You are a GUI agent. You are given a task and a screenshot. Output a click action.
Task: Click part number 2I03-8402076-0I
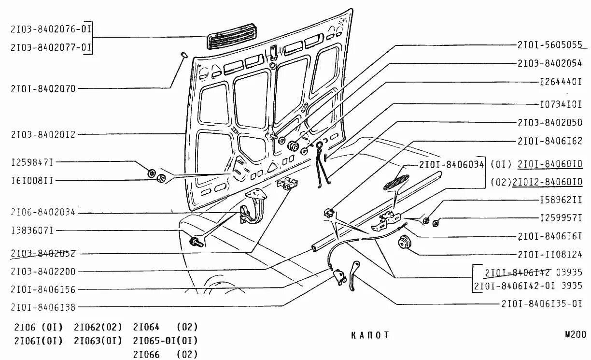tap(51, 29)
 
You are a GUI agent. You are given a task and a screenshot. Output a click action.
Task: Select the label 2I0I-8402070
tap(43, 88)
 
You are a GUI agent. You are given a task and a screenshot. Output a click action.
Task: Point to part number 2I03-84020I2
tap(43, 134)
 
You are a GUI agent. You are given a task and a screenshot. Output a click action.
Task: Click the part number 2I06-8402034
tap(43, 213)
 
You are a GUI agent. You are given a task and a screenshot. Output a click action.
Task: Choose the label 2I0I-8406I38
tap(43, 306)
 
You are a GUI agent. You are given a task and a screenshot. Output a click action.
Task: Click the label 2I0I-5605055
tap(549, 44)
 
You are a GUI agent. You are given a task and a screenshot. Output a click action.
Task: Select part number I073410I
tap(561, 104)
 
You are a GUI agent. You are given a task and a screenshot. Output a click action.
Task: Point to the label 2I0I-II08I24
tap(549, 254)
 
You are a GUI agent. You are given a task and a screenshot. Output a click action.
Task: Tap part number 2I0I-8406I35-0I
tap(541, 304)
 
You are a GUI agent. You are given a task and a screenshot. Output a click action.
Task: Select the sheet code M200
tap(575, 334)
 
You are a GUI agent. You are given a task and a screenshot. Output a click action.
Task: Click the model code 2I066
tap(146, 354)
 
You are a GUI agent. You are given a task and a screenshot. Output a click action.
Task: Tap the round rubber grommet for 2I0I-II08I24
tap(403, 241)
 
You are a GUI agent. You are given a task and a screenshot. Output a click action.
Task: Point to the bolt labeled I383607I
tap(194, 240)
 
